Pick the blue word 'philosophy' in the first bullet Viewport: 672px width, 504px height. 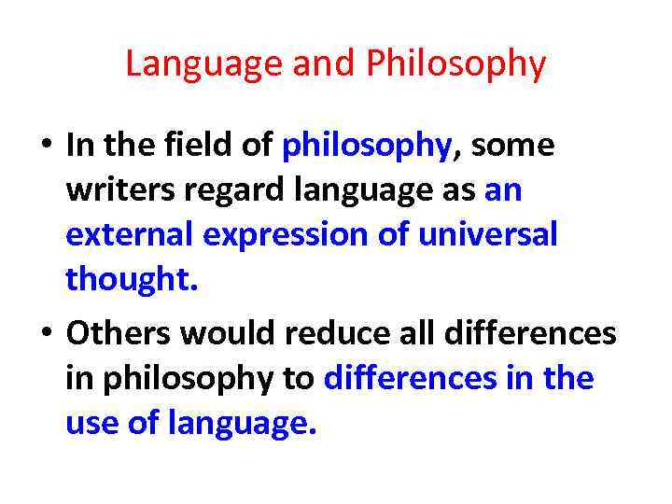click(x=367, y=146)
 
